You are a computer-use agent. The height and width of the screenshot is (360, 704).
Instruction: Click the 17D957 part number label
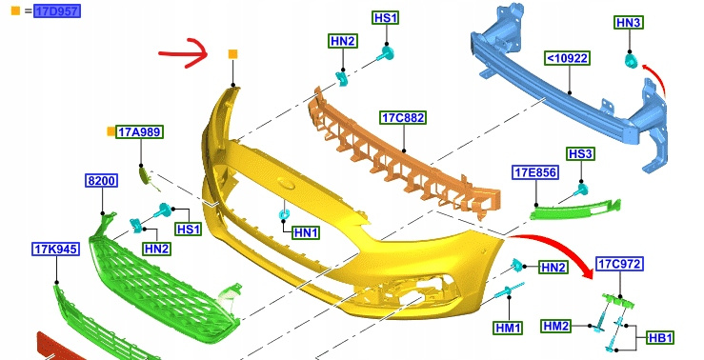coord(57,10)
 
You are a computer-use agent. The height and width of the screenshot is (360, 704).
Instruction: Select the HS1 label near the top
coord(386,18)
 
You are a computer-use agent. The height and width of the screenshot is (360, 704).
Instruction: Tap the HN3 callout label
coord(629,23)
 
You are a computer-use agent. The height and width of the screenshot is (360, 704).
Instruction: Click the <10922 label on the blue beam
coord(567,58)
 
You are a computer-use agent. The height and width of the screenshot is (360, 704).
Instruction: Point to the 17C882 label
coord(403,117)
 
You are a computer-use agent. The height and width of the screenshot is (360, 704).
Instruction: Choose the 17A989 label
coord(139,132)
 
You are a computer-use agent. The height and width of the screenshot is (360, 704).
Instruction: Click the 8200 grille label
coord(102,181)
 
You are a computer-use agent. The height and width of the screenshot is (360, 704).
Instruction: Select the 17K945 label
coord(56,250)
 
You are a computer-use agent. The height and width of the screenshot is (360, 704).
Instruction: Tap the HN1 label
coord(306,232)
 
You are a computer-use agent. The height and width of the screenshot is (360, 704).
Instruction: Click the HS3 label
coord(580,154)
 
